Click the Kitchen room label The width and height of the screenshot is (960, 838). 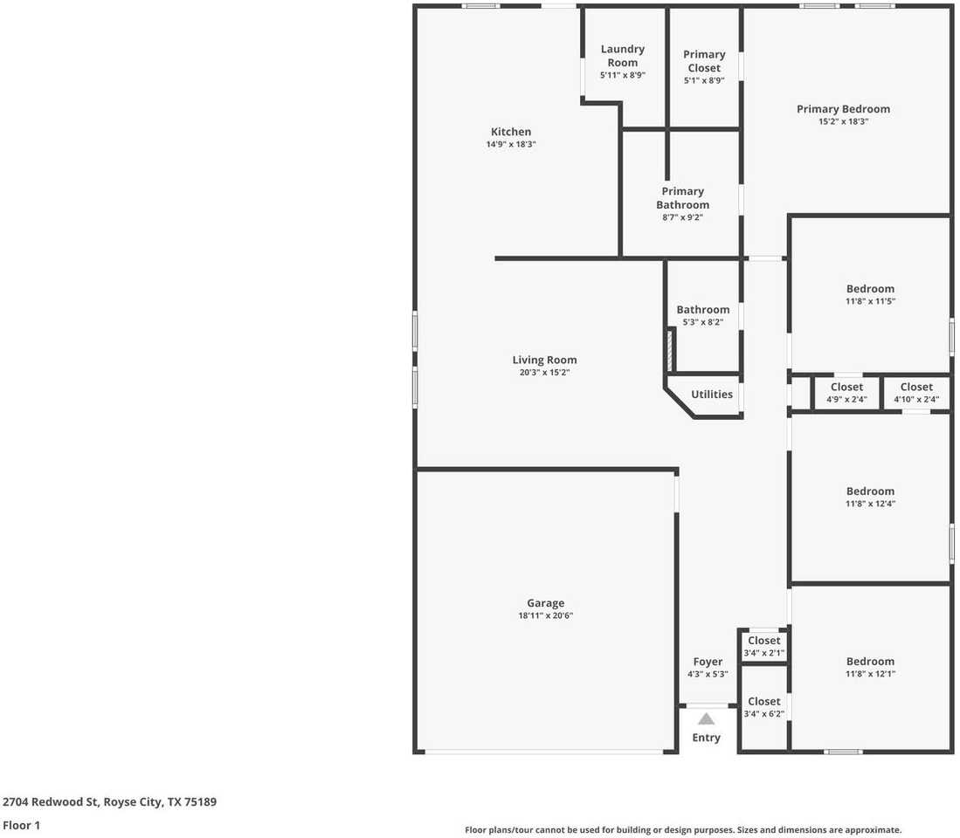(x=510, y=132)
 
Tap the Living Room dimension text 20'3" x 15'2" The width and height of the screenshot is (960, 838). (x=544, y=373)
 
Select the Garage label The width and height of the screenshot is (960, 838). (x=545, y=603)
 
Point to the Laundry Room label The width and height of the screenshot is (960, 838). (x=622, y=56)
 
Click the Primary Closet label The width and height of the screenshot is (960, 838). (x=704, y=61)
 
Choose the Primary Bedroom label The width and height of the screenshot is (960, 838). (x=843, y=109)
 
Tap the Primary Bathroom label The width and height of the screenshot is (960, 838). (x=682, y=198)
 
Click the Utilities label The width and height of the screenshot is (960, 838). (x=711, y=395)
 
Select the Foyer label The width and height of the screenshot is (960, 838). (x=708, y=662)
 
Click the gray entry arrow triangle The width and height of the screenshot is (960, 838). (x=706, y=719)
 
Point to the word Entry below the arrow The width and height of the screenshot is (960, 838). (x=706, y=738)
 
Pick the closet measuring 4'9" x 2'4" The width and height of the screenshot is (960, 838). (x=846, y=393)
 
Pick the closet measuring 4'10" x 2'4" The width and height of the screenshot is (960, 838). (x=915, y=393)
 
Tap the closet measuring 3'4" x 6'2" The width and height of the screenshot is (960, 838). (x=763, y=707)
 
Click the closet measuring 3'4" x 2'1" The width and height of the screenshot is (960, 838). (x=763, y=647)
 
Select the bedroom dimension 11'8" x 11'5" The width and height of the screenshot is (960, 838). (x=870, y=301)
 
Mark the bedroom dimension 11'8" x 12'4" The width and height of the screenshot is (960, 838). (x=870, y=504)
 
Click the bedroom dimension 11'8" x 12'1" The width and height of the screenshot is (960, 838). (x=870, y=674)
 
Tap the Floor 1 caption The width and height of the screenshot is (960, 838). (x=21, y=825)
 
